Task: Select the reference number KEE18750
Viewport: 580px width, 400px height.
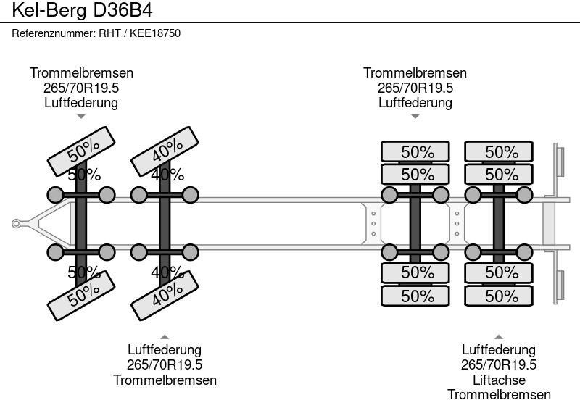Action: coord(155,33)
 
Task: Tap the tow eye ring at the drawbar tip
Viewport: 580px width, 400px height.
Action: coord(16,224)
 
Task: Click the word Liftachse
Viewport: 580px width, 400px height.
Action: coord(499,380)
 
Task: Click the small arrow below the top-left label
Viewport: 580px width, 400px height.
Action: coord(81,117)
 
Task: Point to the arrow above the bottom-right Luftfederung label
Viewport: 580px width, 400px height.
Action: coord(499,337)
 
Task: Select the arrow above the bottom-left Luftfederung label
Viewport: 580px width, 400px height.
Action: coord(165,337)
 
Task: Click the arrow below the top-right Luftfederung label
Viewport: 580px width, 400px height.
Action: coord(415,117)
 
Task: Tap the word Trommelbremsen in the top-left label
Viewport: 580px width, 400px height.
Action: coord(81,73)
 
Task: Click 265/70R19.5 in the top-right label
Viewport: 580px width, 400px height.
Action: coord(415,88)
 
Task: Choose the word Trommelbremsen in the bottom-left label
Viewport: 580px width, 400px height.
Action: coord(165,380)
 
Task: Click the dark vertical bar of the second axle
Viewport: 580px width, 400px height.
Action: coord(165,223)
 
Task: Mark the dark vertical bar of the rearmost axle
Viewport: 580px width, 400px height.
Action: coord(499,223)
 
